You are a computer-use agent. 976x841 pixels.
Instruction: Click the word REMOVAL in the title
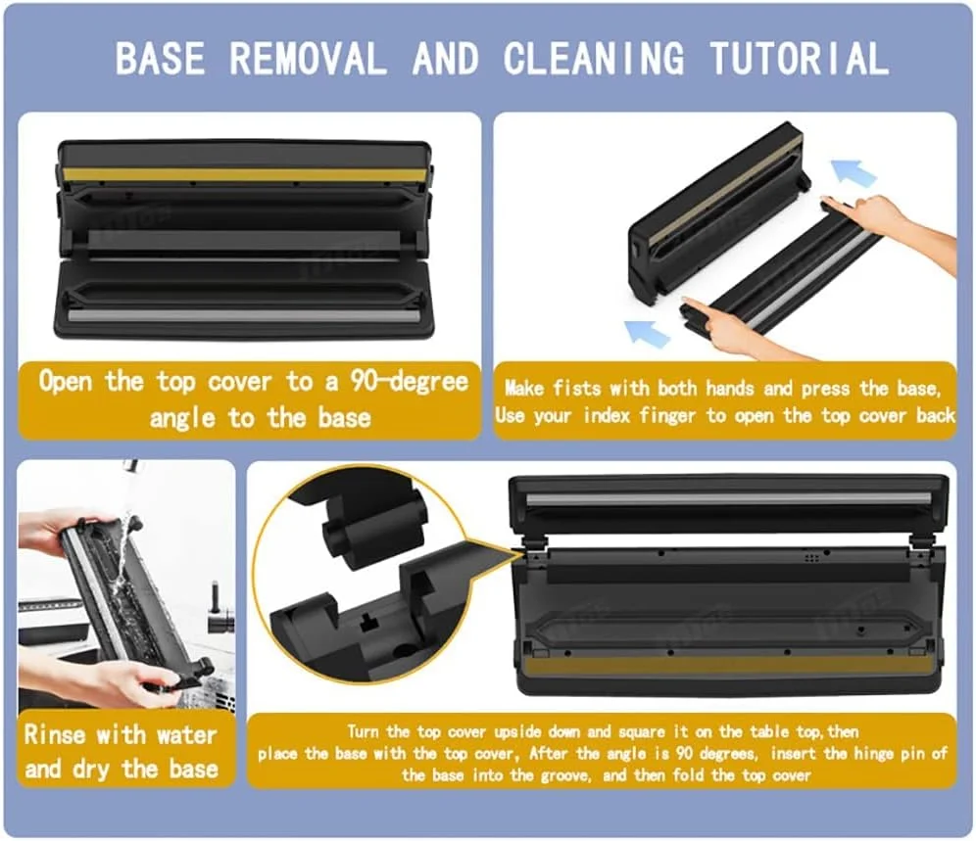point(308,59)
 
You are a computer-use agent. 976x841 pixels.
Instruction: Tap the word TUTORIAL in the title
point(800,59)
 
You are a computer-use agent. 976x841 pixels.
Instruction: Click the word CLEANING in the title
point(593,59)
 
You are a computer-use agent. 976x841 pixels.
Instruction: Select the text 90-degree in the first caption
point(409,381)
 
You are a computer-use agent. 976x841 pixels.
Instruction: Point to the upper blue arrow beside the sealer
point(854,171)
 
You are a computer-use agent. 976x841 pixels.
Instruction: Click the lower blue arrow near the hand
point(647,334)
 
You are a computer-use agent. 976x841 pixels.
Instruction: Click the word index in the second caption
point(607,415)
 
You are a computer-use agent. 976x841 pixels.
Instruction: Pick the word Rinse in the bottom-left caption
point(54,734)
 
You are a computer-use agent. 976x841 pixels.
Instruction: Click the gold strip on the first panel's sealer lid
point(247,175)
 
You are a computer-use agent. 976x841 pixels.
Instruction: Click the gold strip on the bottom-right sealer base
point(727,668)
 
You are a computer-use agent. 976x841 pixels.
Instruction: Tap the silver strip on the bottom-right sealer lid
point(729,498)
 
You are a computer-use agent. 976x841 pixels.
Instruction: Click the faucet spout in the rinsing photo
point(129,465)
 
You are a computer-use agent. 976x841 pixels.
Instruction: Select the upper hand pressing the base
point(897,226)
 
